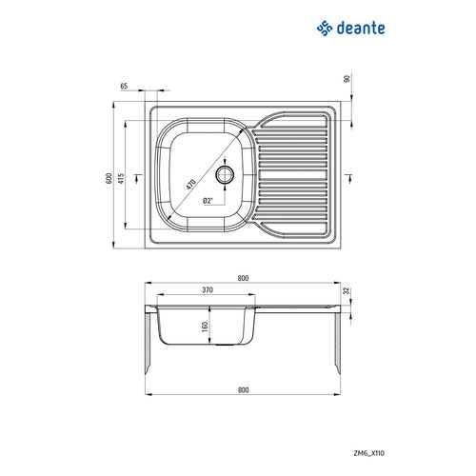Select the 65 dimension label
click(125, 87)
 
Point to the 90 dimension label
click(348, 81)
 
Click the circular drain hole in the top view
click(227, 174)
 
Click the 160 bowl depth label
click(204, 327)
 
